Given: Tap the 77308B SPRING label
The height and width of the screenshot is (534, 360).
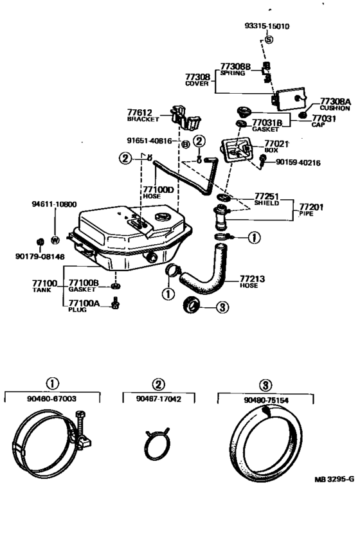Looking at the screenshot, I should tap(233, 69).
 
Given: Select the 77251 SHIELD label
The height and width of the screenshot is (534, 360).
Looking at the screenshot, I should tap(265, 198).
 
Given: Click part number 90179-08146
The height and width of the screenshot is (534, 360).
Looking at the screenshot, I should tap(40, 256).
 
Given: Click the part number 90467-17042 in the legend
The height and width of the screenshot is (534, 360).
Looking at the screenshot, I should tap(159, 398).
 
